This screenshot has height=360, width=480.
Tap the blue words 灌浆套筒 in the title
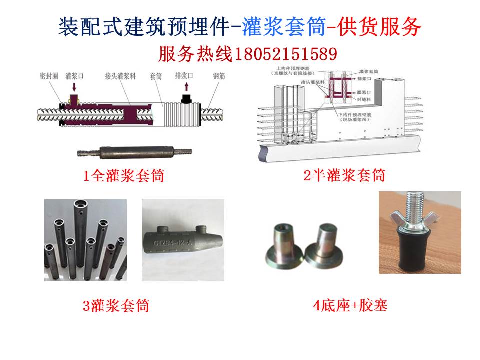(282, 27)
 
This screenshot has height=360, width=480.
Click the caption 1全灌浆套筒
(124, 176)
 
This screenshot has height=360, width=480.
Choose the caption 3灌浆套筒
(116, 305)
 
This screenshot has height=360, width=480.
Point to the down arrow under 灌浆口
(74, 88)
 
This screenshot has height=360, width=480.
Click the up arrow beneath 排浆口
(186, 88)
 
